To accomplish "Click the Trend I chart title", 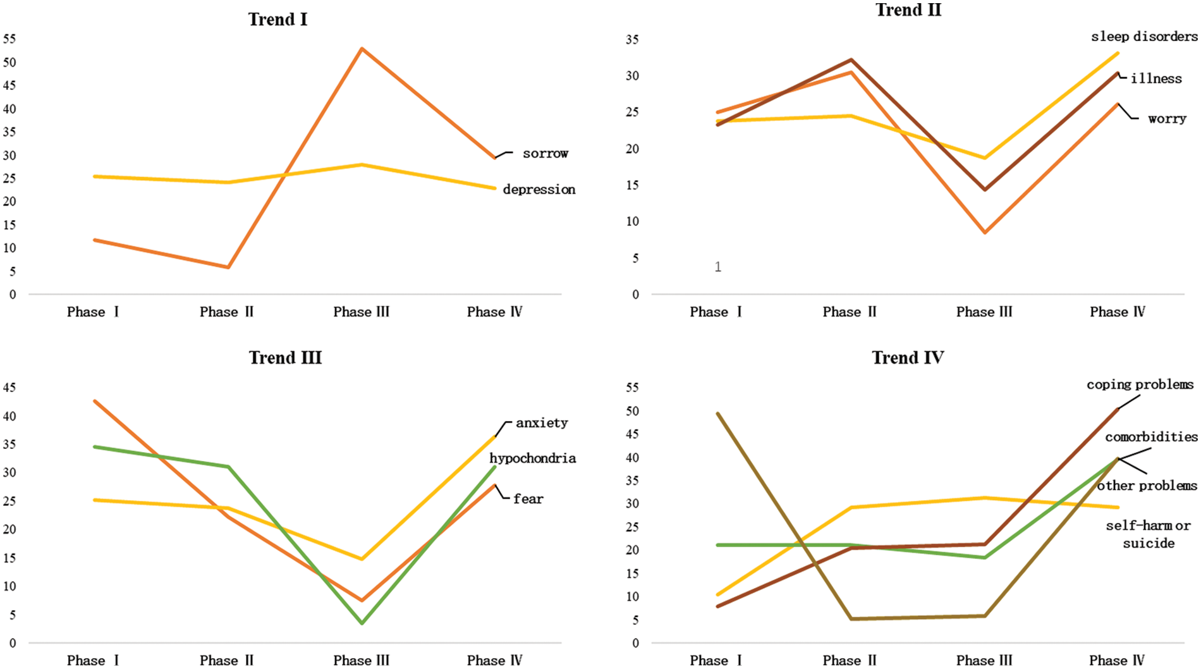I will [x=277, y=20].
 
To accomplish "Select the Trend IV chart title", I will [x=908, y=358].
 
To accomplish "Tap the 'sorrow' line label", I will [x=545, y=154].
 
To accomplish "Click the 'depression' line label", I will [x=539, y=190].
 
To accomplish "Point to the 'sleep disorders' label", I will [x=1143, y=37].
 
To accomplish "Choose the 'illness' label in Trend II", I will [x=1155, y=79].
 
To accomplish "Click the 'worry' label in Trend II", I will [x=1167, y=119].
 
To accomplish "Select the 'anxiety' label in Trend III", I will [x=542, y=423].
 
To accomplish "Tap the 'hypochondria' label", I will [x=532, y=458].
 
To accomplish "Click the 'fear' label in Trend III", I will [x=528, y=499].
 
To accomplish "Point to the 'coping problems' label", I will [x=1140, y=384].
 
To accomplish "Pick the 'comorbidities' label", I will [x=1150, y=437].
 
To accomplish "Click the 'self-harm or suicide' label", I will [x=1148, y=534].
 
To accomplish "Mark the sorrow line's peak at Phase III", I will [x=362, y=49].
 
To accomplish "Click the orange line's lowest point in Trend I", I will [x=228, y=267].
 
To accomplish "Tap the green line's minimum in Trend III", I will [x=362, y=623].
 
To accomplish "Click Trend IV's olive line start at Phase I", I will [x=718, y=414].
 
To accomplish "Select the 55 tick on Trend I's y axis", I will [x=9, y=39].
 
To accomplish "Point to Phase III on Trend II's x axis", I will [x=984, y=312].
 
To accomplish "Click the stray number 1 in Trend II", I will [x=718, y=267].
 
